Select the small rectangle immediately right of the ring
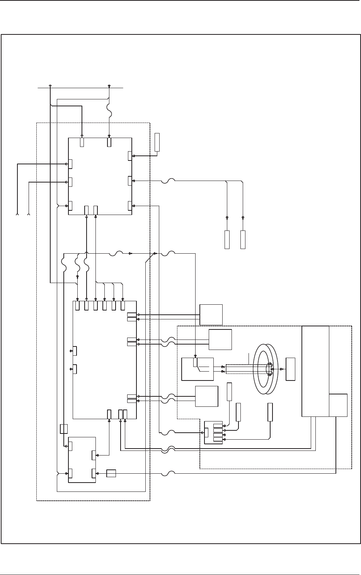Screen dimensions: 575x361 pos(290,369)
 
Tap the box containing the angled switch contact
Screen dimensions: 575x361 pos(198,369)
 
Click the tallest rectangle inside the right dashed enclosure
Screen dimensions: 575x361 pos(315,371)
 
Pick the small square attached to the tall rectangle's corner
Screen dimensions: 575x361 pos(338,405)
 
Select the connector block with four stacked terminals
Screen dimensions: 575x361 pos(213,432)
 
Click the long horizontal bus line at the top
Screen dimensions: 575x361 pos(80,88)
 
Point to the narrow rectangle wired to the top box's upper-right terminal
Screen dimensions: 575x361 pos(157,142)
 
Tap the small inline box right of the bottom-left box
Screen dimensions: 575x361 pos(111,473)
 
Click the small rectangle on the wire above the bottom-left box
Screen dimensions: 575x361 pos(64,428)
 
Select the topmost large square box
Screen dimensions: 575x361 pos(100,176)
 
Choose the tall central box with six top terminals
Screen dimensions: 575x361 pos(105,360)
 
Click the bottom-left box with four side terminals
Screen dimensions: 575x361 pos(82,459)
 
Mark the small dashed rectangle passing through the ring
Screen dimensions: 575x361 pos(247,369)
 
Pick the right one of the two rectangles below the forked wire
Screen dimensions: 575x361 pos(243,239)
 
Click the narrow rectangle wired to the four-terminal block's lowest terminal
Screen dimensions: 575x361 pos(270,412)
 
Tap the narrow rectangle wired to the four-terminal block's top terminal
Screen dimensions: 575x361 pos(229,392)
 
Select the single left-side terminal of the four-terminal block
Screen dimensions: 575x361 pos(206,432)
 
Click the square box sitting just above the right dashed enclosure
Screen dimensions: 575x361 pos(211,314)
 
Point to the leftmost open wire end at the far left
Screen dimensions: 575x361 pos(17,213)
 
